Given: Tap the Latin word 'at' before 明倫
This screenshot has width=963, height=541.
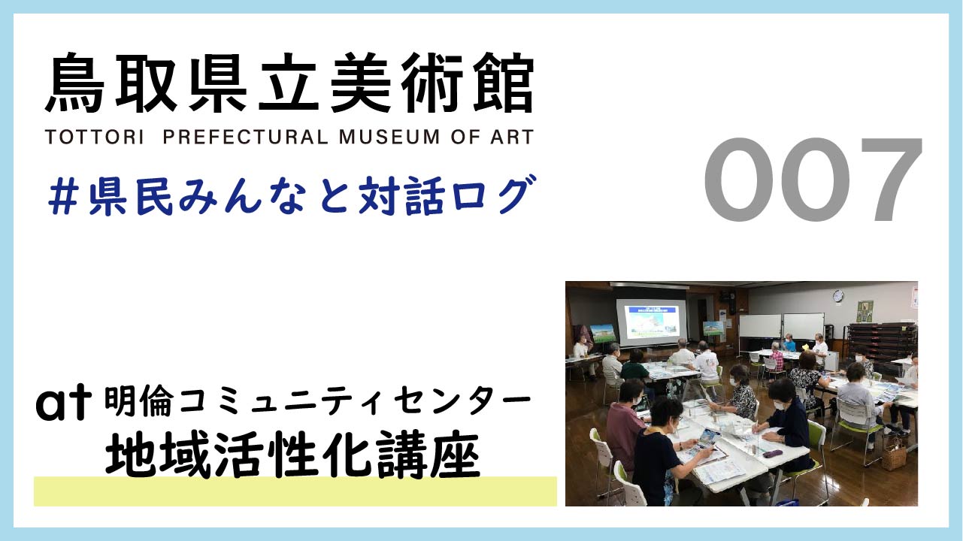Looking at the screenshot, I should coord(63,403).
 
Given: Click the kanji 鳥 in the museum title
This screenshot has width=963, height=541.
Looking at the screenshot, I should coord(76,83).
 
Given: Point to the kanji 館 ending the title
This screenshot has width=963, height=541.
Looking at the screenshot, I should coord(504,83).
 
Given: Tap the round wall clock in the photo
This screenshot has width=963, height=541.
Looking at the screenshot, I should coord(837,296).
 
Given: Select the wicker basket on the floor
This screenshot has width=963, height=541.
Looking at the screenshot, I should coord(894,455).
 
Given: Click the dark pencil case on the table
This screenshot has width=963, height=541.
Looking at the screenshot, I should coord(773,454).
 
